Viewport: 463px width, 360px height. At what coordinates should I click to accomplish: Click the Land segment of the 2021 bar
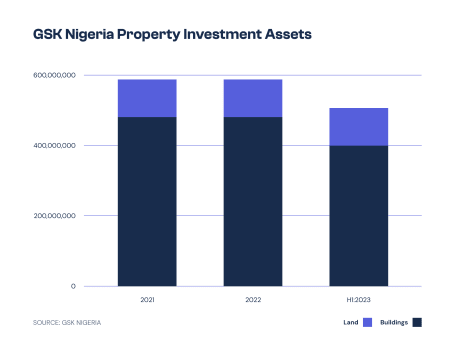147,98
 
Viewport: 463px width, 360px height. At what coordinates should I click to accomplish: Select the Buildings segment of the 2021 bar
147,201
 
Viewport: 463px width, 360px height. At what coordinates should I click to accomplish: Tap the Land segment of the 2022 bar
252,98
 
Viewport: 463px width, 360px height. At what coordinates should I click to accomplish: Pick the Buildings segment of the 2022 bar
252,201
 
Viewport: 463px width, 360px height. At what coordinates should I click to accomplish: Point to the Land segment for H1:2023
358,126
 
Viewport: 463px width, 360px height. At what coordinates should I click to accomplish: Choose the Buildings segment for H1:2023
358,216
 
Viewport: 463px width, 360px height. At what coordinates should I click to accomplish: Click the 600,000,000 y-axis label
54,75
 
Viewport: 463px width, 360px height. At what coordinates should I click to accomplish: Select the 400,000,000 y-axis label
54,145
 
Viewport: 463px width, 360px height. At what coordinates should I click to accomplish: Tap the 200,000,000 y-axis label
54,216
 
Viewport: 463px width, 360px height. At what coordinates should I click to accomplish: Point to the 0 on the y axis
73,286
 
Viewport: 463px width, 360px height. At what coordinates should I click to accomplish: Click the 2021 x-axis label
147,299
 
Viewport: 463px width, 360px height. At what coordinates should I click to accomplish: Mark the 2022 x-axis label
252,299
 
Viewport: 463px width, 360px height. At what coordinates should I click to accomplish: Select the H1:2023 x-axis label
358,299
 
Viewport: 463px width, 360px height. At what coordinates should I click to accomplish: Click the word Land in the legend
350,322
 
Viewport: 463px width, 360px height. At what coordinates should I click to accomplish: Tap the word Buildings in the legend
394,322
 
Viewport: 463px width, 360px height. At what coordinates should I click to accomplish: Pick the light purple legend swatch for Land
367,322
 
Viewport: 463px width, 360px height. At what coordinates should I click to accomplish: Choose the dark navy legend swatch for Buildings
418,322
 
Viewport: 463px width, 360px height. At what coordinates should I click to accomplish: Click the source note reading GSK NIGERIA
68,322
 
